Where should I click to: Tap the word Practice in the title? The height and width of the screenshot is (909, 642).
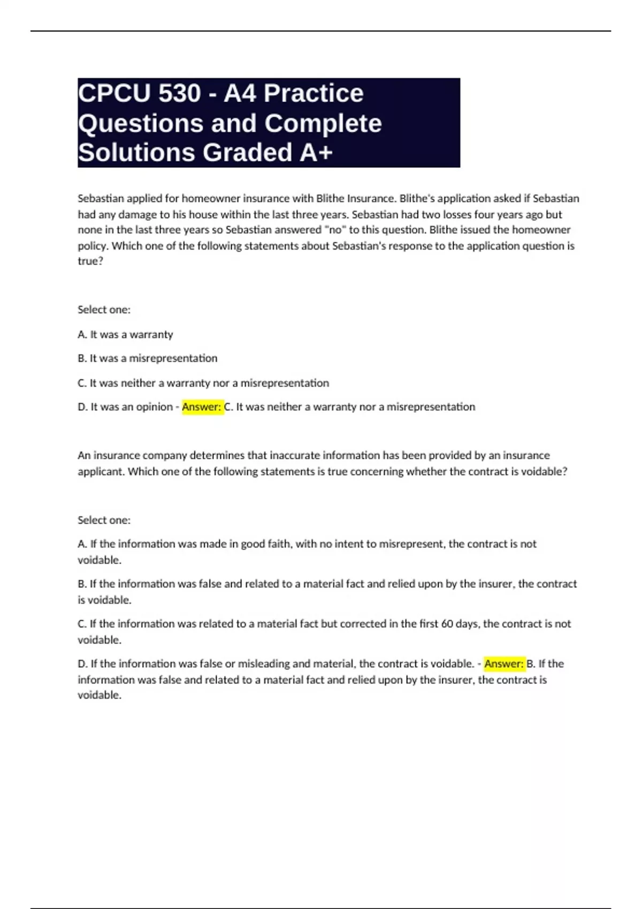coord(314,94)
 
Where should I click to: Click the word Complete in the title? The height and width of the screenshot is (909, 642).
coord(323,123)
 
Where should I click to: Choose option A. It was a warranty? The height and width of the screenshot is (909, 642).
coord(125,335)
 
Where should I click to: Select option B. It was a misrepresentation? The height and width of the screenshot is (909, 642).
coord(148,358)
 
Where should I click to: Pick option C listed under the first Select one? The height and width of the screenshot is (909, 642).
coord(203,383)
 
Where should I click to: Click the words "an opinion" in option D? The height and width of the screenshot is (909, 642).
coord(153,407)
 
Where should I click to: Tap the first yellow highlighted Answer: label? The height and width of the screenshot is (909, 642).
coord(202,407)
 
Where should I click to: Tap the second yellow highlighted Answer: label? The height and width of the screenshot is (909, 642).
coord(504,664)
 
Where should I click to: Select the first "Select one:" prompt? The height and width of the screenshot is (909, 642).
coord(104,310)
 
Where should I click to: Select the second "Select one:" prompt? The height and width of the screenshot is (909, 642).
coord(104,520)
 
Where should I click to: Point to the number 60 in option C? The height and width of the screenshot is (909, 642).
coord(447,623)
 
